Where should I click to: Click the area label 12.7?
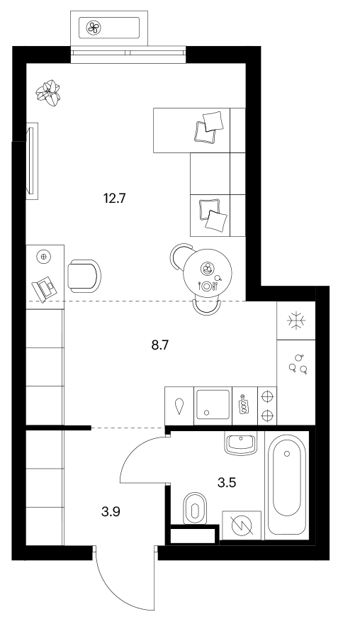(115, 198)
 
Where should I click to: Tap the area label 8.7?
(160, 345)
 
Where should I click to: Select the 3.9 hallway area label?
(111, 511)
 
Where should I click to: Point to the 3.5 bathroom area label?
(227, 483)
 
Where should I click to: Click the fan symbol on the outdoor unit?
(94, 28)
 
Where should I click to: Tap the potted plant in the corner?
(47, 93)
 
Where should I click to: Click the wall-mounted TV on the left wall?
(32, 161)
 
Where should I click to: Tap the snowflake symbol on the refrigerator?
(296, 321)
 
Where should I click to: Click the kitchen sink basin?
(213, 404)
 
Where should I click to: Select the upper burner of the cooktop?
(267, 396)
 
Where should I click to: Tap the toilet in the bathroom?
(196, 509)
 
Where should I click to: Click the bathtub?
(287, 485)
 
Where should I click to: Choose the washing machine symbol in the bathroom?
(242, 525)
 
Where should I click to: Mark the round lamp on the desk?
(43, 256)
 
